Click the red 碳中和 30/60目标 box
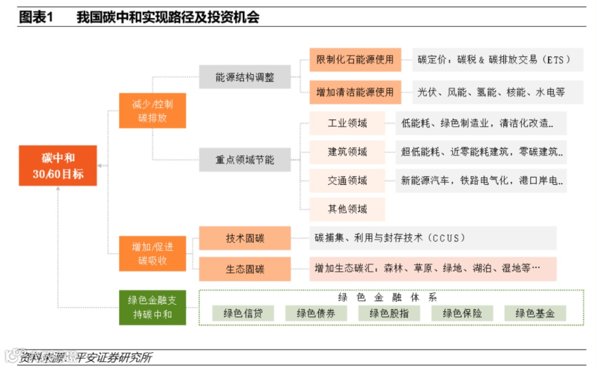tap(58, 166)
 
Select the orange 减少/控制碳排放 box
tap(152, 110)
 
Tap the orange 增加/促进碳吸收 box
tap(152, 253)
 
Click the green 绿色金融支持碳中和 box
tap(152, 307)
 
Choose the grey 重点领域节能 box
tap(244, 160)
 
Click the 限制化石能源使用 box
tap(355, 59)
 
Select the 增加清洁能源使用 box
tap(355, 92)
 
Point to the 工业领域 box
tap(347, 123)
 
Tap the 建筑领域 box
tap(347, 152)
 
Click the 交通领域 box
tap(347, 180)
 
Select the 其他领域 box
tap(347, 209)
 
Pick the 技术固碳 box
tap(244, 238)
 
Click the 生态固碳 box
tap(244, 269)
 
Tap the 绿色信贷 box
tap(243, 313)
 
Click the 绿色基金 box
tap(535, 313)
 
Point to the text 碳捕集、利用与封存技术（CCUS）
tap(390, 238)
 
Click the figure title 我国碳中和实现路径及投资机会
tap(168, 17)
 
